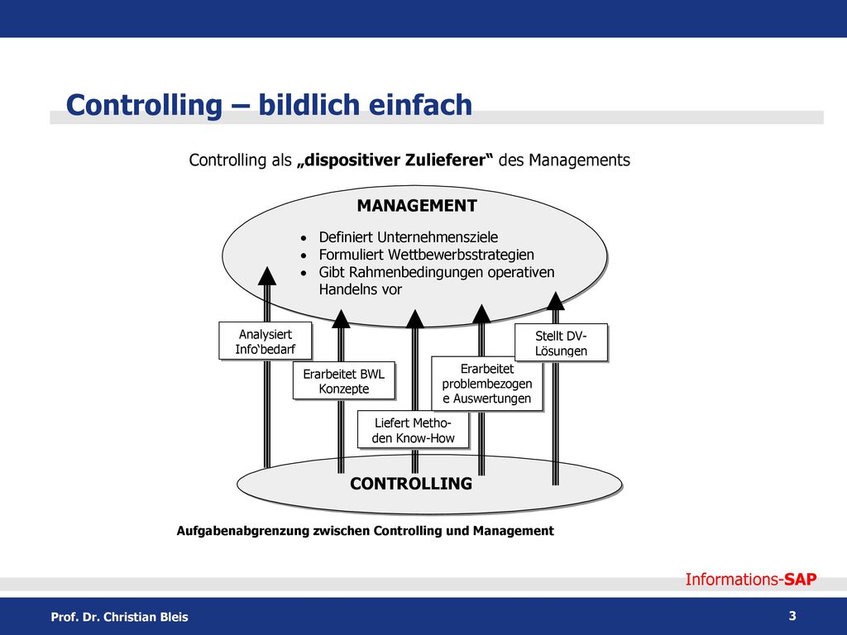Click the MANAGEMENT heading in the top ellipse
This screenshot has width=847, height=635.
[417, 206]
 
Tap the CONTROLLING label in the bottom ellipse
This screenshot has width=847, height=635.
[411, 483]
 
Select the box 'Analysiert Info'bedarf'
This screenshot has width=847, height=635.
[266, 341]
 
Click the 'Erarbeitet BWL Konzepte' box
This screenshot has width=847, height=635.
[344, 380]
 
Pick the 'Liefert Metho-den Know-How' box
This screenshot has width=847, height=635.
[414, 430]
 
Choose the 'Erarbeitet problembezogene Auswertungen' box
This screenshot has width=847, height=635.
[487, 384]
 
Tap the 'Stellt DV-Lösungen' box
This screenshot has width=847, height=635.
[562, 342]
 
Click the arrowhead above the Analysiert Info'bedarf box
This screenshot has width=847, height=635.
[267, 276]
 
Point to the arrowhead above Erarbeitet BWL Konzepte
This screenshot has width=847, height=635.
[341, 318]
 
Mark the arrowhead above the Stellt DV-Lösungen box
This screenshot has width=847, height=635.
[555, 301]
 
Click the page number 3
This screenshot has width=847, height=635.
[792, 615]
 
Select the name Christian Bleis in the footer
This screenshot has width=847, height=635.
[146, 617]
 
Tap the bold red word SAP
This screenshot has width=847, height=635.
[801, 580]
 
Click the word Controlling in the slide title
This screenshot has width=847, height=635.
[144, 105]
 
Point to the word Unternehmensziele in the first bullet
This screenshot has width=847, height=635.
[438, 237]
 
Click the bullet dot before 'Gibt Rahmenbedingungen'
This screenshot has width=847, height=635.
[304, 273]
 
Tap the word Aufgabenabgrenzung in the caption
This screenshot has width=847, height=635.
[243, 531]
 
